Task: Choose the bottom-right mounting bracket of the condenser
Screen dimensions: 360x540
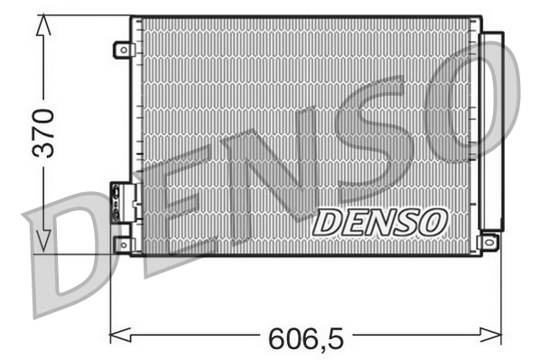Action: (x=489, y=242)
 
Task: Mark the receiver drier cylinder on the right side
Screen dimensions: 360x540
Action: (x=491, y=131)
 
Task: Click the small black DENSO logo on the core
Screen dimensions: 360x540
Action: (x=379, y=220)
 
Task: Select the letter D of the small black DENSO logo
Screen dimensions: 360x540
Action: (x=328, y=221)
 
